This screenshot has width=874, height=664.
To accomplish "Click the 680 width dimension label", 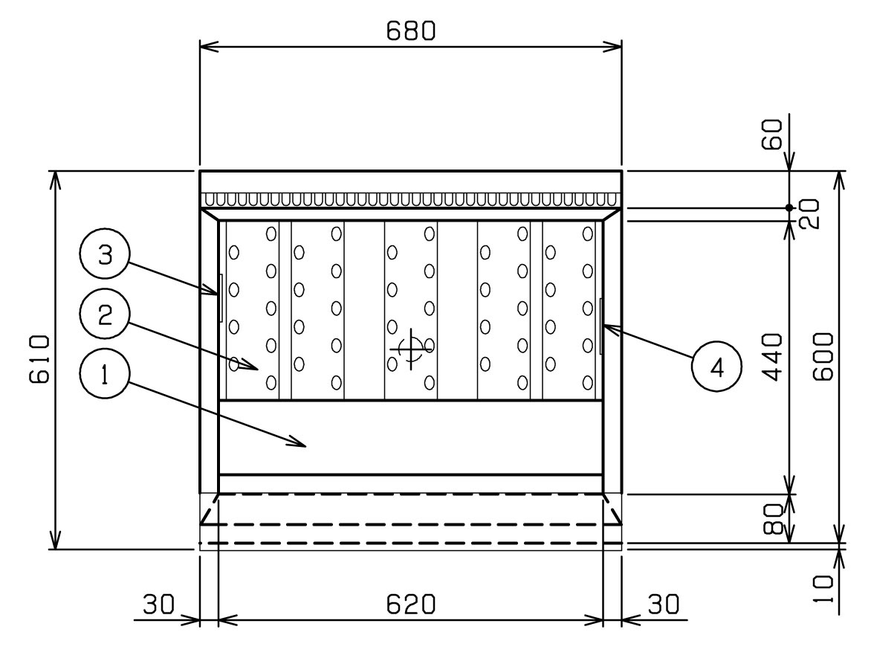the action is (411, 31).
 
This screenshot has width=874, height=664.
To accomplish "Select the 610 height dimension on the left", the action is (39, 360).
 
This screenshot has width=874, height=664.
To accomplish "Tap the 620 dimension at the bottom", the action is (411, 605).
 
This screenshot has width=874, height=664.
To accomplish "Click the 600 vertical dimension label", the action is (823, 357).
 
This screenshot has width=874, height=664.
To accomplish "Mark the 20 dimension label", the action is (809, 213).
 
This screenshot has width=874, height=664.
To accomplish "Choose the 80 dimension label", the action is (774, 519).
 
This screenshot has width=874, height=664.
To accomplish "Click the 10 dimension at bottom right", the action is (823, 589).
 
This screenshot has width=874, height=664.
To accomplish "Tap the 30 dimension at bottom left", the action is (159, 605).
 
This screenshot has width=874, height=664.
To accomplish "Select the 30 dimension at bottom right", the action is (663, 605).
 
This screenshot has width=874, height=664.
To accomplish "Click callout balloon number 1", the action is (105, 373).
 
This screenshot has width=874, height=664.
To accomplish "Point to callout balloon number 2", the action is (105, 315).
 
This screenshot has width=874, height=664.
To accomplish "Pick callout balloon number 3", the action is (105, 255).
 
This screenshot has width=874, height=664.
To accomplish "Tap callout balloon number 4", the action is (716, 367).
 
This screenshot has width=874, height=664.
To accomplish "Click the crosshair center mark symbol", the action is (412, 349).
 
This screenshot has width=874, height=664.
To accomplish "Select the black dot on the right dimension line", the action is (789, 208).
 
